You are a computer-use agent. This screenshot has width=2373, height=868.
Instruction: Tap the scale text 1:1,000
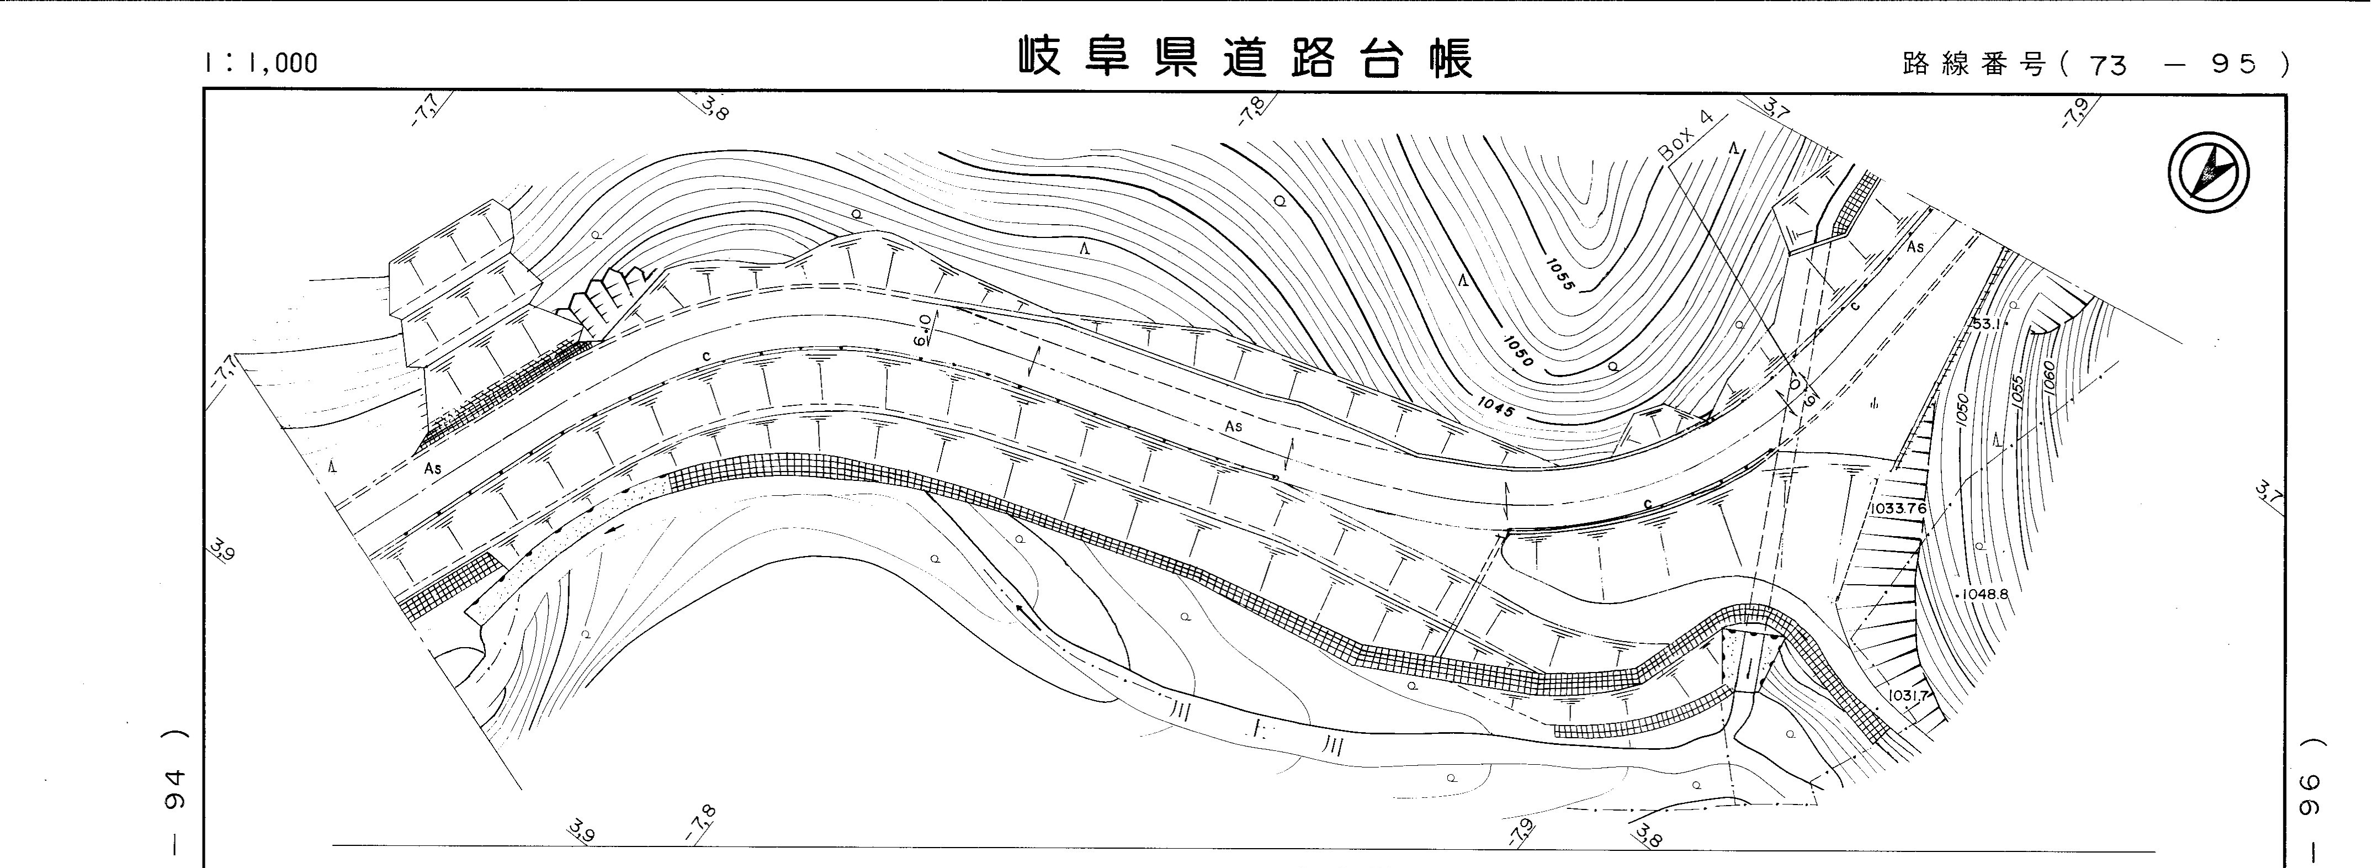[262, 62]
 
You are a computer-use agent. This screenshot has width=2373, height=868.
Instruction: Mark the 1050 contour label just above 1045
[1518, 351]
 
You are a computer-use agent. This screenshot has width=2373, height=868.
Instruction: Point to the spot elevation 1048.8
[1982, 594]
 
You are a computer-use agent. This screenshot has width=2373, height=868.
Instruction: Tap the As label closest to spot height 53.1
[1916, 247]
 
